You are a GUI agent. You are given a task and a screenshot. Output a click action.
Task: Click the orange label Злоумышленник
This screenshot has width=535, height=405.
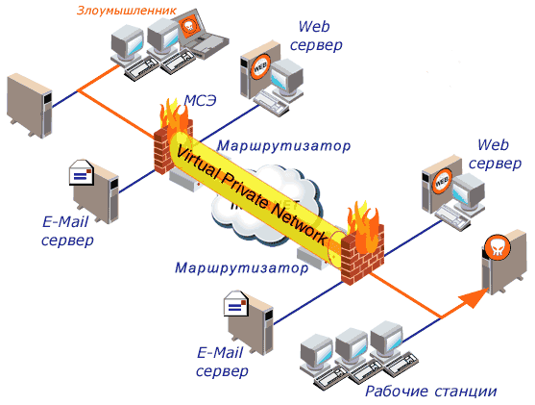(127, 11)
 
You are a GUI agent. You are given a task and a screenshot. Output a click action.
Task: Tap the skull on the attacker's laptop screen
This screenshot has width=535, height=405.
(188, 26)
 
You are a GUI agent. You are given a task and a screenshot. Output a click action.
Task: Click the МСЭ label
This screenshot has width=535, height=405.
(201, 100)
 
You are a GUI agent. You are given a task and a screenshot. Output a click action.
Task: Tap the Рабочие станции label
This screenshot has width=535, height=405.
(431, 392)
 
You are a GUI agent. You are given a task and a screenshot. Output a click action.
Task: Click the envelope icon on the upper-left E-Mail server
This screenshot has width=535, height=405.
(82, 172)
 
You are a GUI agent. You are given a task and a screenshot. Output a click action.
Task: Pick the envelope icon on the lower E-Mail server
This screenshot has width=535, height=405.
(235, 303)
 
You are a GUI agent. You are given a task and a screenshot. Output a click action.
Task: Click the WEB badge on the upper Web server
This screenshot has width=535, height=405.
(260, 67)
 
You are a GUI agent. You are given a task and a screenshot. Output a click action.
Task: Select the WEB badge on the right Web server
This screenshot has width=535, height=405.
(442, 181)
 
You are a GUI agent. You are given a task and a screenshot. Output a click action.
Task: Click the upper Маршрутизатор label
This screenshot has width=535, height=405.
(284, 146)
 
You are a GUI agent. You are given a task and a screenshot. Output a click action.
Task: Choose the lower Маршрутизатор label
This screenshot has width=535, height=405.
(242, 268)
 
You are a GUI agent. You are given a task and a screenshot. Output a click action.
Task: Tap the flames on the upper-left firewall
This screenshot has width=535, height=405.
(175, 115)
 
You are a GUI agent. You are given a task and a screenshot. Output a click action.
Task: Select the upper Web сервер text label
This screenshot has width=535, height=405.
(316, 36)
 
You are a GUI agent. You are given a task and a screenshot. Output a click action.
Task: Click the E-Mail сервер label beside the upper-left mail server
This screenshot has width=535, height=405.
(67, 231)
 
